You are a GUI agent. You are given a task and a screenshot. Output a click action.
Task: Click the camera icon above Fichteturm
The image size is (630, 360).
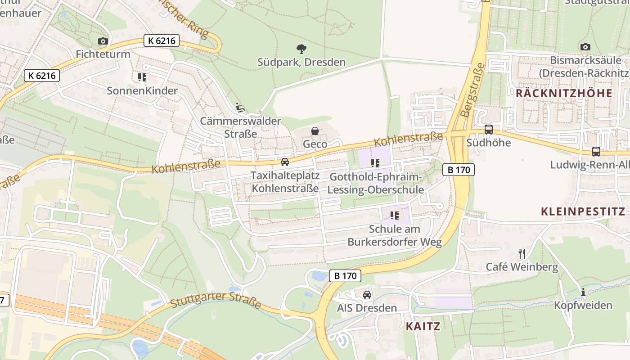pyautogui.click(x=103, y=41)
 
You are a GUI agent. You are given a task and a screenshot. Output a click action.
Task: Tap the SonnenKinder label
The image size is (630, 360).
pyautogui.click(x=142, y=91)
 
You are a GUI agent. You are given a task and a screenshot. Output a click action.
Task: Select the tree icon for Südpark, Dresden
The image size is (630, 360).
pyautogui.click(x=301, y=49)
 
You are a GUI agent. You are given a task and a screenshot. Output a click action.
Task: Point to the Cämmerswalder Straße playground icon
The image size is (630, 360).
pyautogui.click(x=240, y=108)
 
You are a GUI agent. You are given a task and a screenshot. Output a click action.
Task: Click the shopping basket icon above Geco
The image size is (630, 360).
pyautogui.click(x=315, y=131)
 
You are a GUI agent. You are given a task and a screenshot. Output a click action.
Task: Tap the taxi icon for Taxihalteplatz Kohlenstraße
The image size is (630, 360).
pyautogui.click(x=285, y=162)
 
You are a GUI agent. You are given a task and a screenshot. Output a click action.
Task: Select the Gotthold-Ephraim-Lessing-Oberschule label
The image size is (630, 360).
pyautogui.click(x=375, y=183)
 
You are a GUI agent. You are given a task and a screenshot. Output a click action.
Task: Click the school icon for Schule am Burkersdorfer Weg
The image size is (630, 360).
pyautogui.click(x=395, y=216)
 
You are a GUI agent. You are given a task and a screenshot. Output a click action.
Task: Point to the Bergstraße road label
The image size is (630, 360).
pyautogui.click(x=473, y=90)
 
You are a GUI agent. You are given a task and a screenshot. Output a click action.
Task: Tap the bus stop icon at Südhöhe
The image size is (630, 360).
pyautogui.click(x=489, y=130)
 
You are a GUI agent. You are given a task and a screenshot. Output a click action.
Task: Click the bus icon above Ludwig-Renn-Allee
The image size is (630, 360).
pyautogui.click(x=596, y=152)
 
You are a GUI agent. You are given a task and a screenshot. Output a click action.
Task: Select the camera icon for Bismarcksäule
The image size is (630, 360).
pyautogui.click(x=585, y=47)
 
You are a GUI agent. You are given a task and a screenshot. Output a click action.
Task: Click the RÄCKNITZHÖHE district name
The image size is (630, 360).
pyautogui.click(x=564, y=93)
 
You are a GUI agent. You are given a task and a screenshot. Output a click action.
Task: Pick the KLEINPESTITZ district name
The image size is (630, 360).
pyautogui.click(x=583, y=211)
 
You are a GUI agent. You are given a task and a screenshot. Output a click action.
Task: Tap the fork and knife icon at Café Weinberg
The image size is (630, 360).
pyautogui.click(x=522, y=254)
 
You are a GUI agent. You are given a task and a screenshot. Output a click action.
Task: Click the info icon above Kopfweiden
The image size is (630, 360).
pyautogui.click(x=583, y=292)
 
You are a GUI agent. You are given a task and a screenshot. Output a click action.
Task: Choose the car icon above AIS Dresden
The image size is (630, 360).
pyautogui.click(x=367, y=295)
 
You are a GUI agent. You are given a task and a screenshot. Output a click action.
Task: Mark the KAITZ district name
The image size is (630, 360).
pyautogui.click(x=423, y=326)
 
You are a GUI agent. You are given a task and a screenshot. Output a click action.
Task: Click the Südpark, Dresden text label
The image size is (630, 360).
pyautogui.click(x=301, y=62)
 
